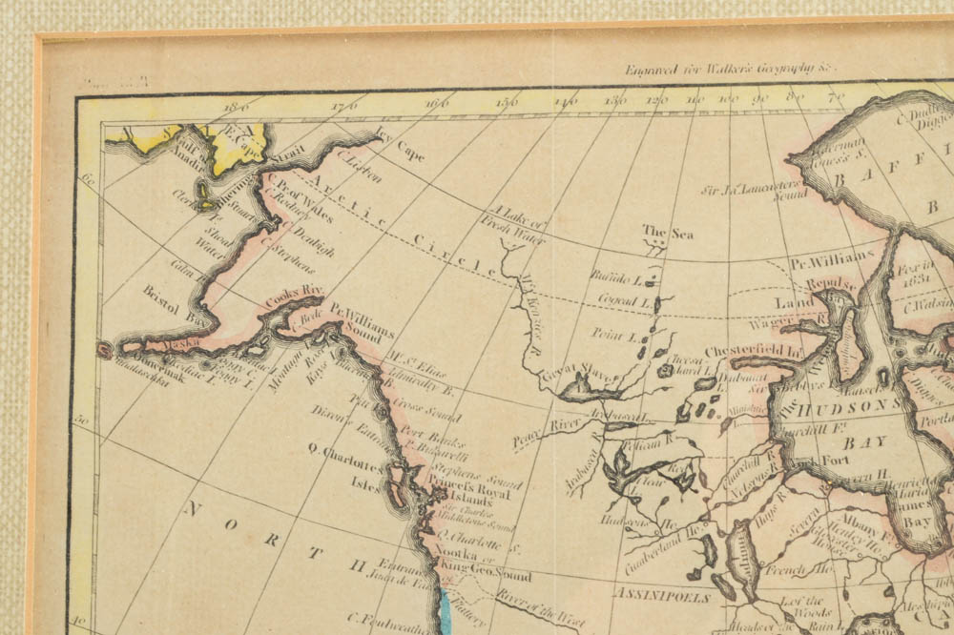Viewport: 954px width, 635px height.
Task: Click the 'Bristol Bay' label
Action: [x=176, y=301]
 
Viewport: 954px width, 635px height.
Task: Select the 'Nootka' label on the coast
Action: [x=455, y=562]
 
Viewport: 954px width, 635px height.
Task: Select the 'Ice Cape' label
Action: [x=400, y=145]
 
